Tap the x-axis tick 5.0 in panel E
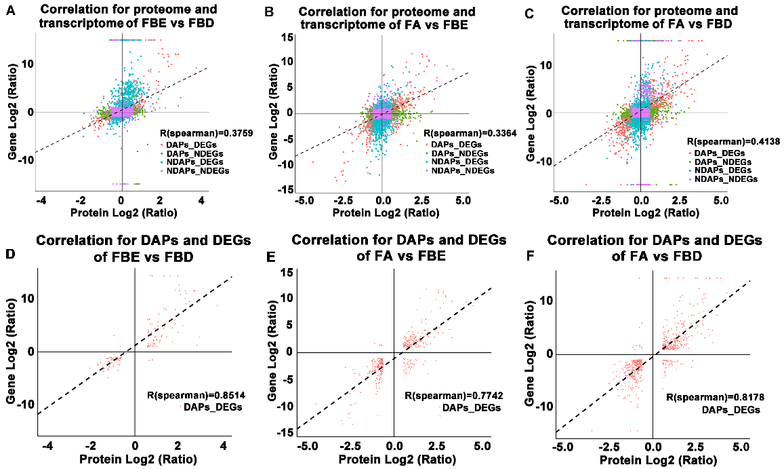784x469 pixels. [482, 448]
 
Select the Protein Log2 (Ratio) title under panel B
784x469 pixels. [381, 212]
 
